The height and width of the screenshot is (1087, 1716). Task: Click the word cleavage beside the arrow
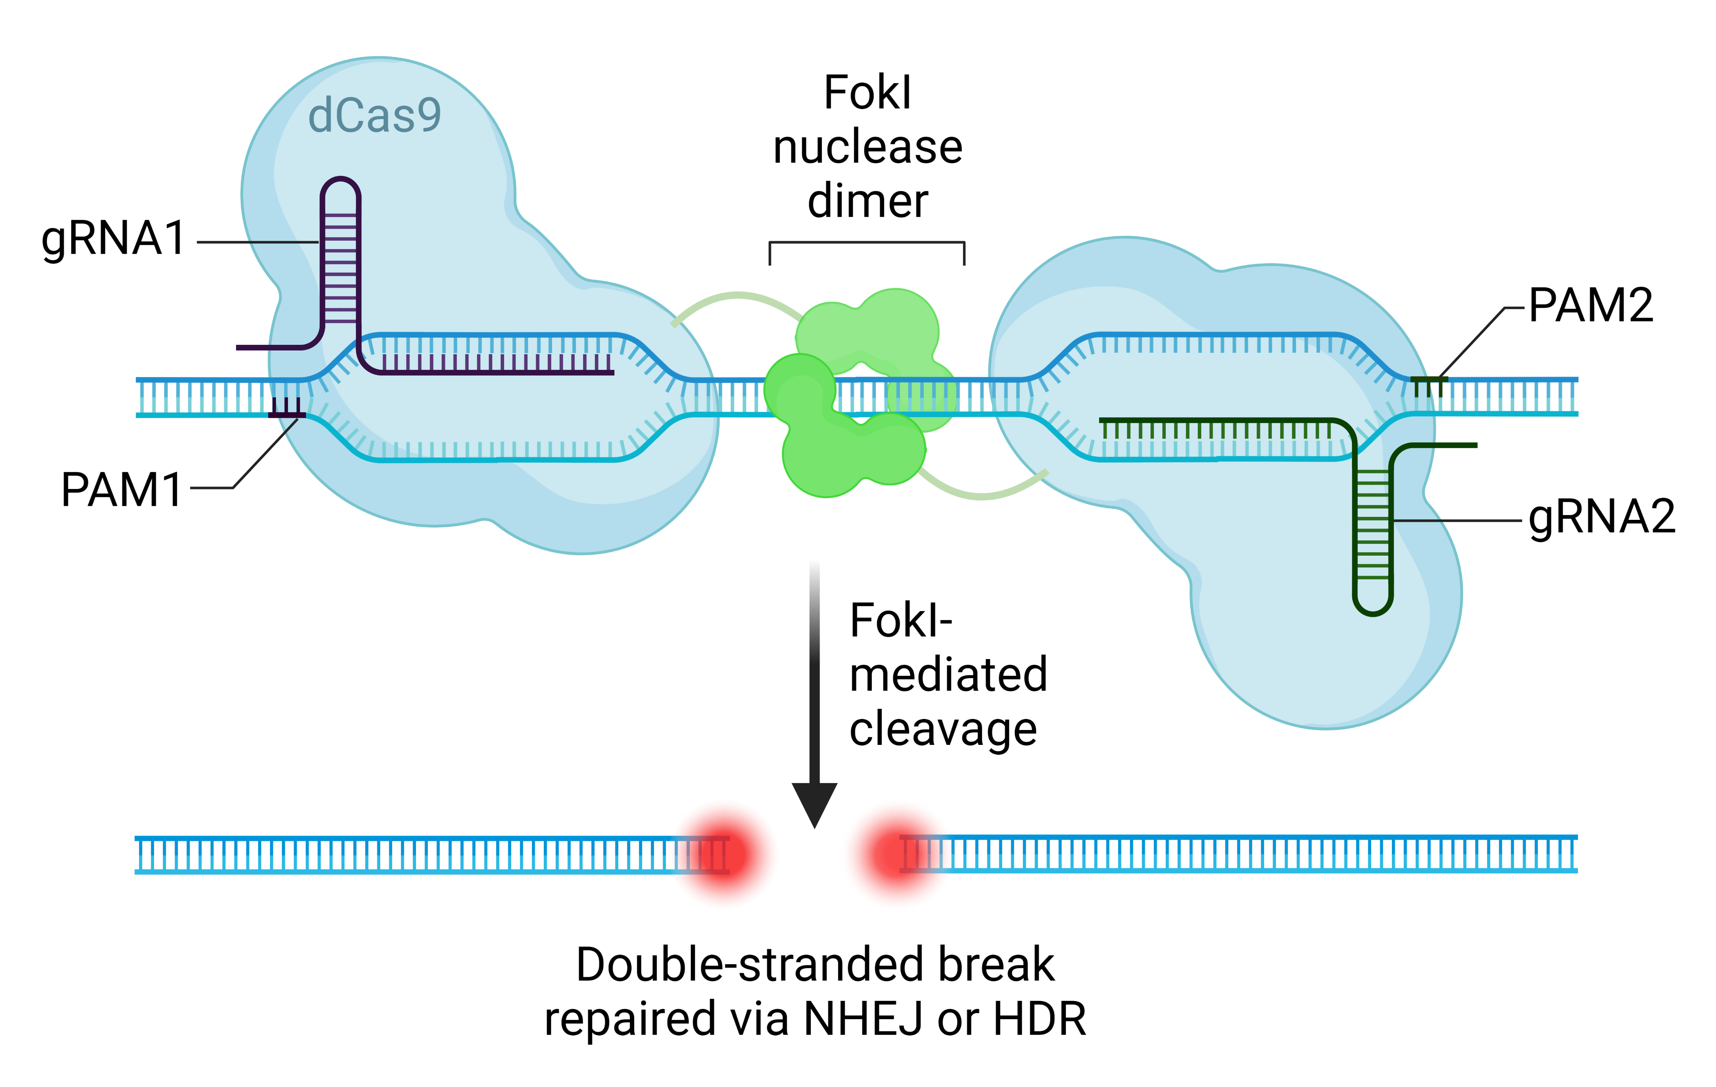click(x=943, y=730)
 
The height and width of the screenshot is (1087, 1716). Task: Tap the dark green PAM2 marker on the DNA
click(x=1429, y=386)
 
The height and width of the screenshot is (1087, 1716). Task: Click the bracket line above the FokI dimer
click(x=866, y=243)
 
